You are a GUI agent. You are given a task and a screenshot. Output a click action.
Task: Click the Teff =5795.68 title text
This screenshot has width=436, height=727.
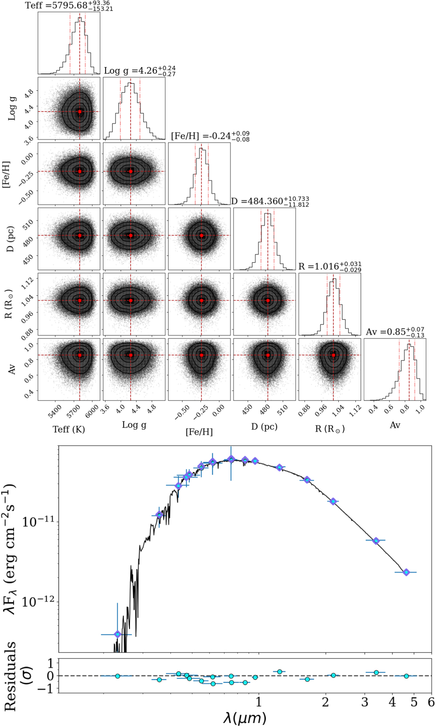pyautogui.click(x=69, y=6)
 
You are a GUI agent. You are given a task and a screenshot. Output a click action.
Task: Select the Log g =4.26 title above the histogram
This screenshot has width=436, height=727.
pyautogui.click(x=140, y=70)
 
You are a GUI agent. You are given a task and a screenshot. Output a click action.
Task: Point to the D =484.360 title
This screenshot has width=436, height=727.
pyautogui.click(x=270, y=201)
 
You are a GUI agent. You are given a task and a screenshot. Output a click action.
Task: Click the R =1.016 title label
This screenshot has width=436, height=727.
pyautogui.click(x=330, y=266)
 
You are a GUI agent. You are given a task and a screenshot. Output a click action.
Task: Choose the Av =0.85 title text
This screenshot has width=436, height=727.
pyautogui.click(x=395, y=332)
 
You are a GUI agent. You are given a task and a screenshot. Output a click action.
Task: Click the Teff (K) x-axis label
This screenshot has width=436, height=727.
pyautogui.click(x=69, y=429)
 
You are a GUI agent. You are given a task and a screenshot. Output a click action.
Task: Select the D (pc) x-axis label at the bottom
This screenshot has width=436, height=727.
pyautogui.click(x=264, y=426)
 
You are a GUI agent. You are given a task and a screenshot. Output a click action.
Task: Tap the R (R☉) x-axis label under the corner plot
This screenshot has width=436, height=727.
pyautogui.click(x=330, y=429)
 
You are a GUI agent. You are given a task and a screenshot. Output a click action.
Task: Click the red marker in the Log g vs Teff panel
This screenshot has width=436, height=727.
pyautogui.click(x=80, y=112)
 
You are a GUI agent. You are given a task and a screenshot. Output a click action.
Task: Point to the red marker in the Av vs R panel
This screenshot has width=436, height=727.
pyautogui.click(x=334, y=355)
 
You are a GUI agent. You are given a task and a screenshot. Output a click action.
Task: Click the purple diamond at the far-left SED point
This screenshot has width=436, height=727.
pyautogui.click(x=117, y=634)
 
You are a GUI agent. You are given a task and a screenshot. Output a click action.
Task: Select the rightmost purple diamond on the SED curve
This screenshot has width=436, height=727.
pyautogui.click(x=406, y=572)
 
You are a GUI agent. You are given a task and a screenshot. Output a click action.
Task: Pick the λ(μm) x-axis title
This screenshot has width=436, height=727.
pyautogui.click(x=245, y=718)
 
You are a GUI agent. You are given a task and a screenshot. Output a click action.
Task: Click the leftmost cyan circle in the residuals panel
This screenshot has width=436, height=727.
pyautogui.click(x=117, y=676)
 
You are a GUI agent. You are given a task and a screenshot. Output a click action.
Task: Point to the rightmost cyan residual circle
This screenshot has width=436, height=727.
pyautogui.click(x=406, y=676)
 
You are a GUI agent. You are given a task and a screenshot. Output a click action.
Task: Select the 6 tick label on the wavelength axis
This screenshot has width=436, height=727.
pyautogui.click(x=431, y=702)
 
